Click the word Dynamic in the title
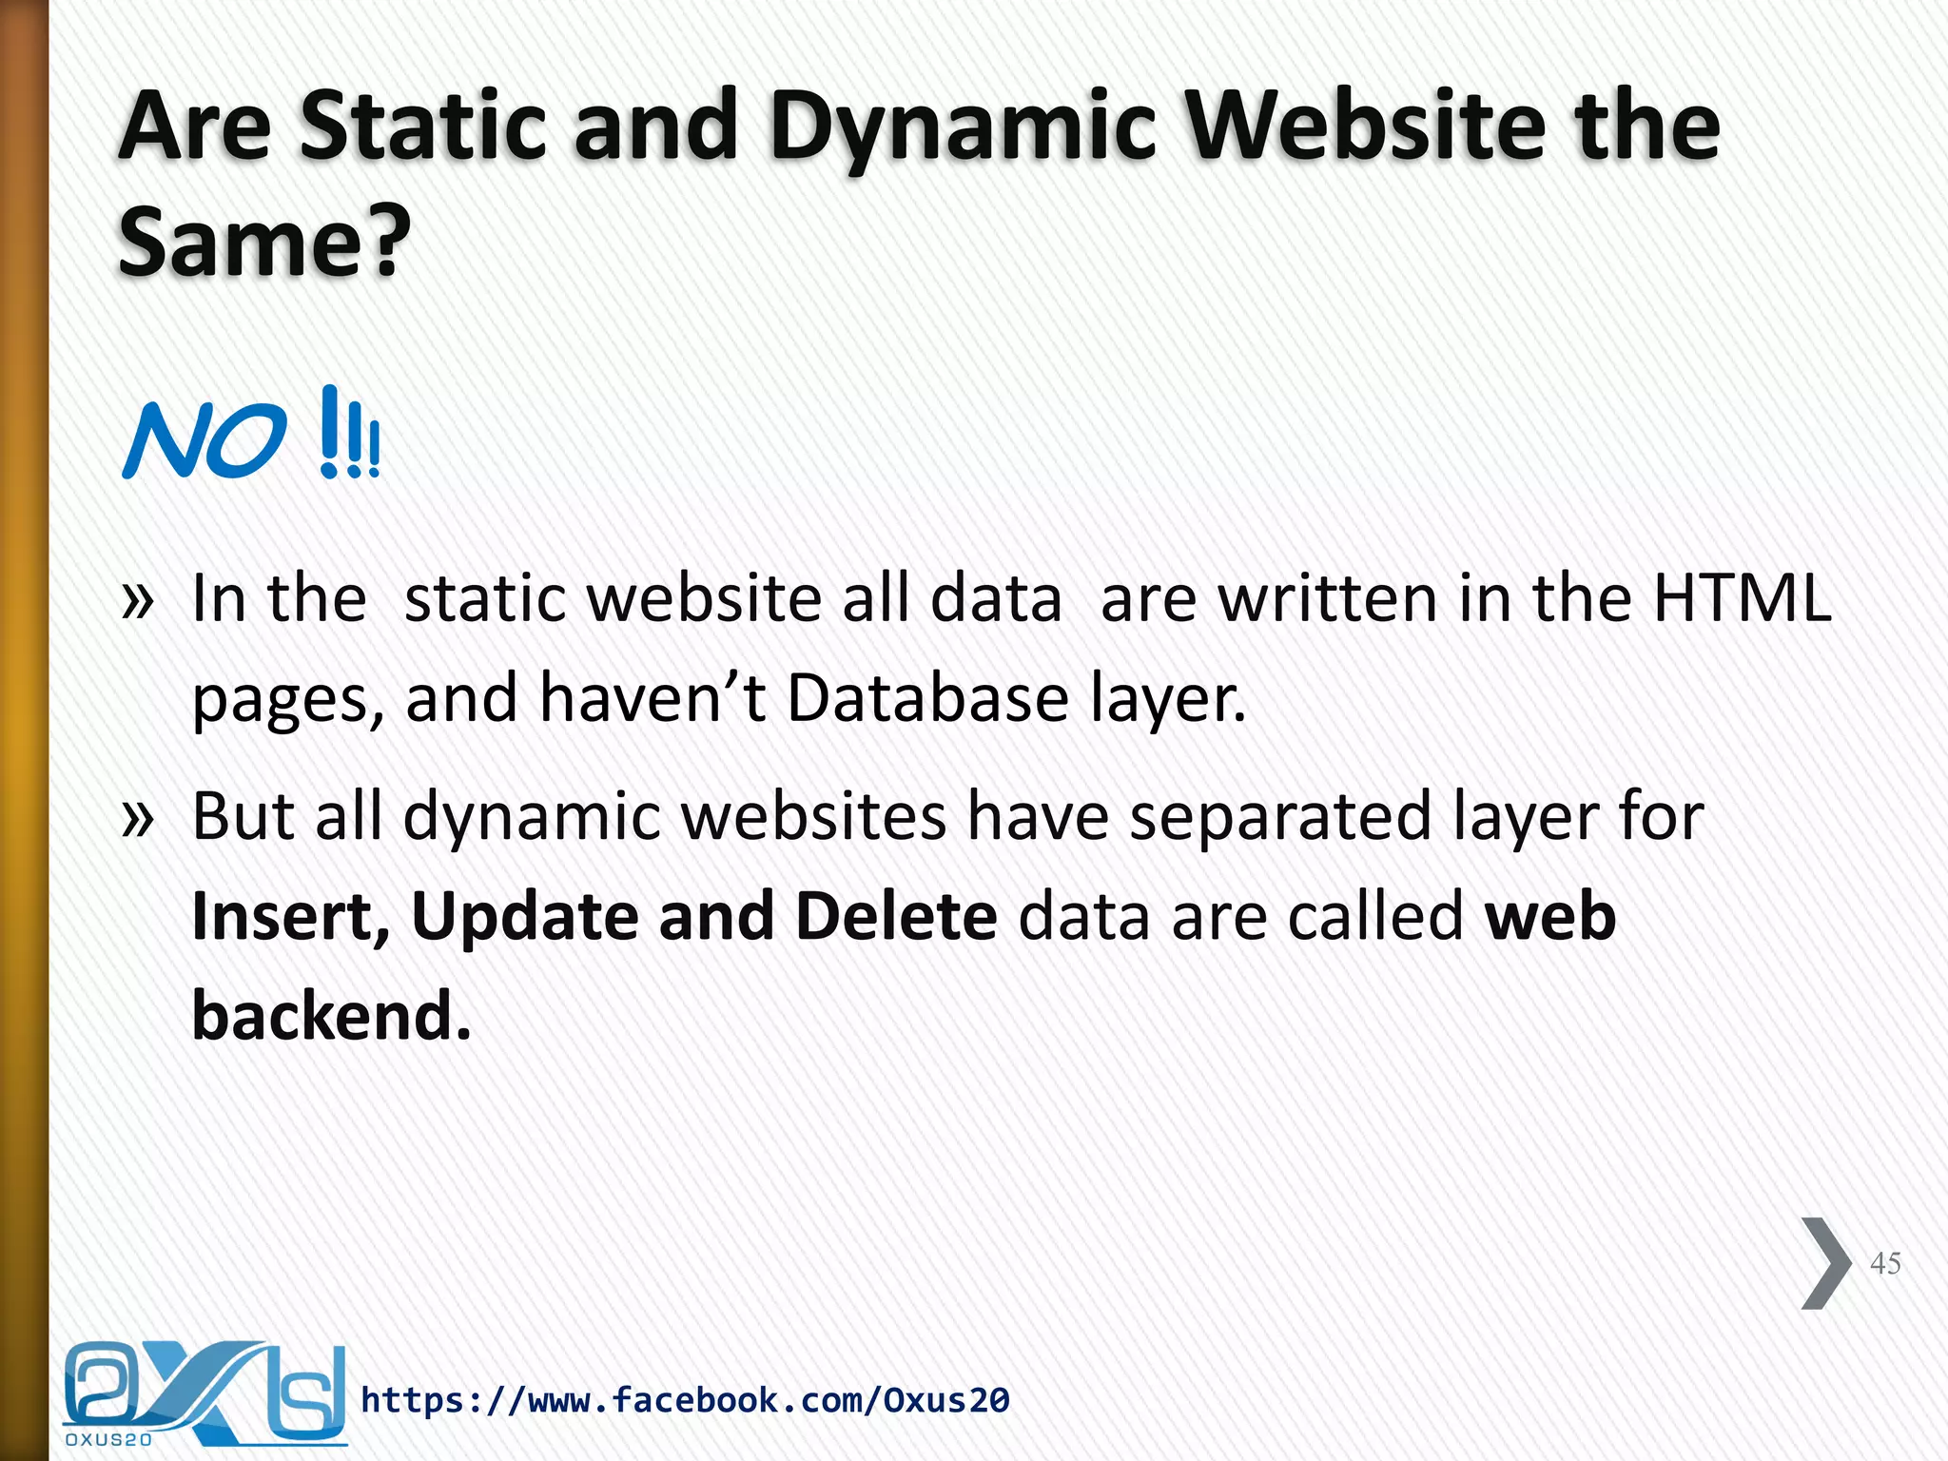(x=963, y=128)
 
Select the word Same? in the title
(x=264, y=243)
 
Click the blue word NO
(x=204, y=439)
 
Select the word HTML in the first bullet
(x=1742, y=598)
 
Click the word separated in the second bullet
(x=1279, y=817)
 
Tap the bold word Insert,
(x=291, y=916)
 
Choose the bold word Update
(x=525, y=916)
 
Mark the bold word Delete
(x=896, y=916)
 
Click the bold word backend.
(x=332, y=1016)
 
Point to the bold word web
(x=1550, y=916)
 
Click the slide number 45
(x=1884, y=1263)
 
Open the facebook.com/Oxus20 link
(x=685, y=1400)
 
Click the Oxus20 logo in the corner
(x=204, y=1393)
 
